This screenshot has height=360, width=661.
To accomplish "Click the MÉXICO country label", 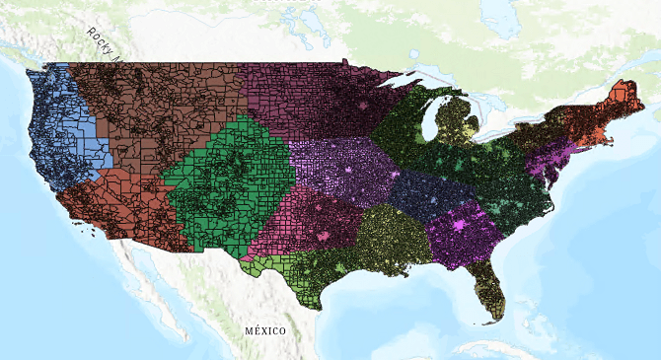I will point(265,329).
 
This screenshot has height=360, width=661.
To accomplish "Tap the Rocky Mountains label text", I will point(101,45).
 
